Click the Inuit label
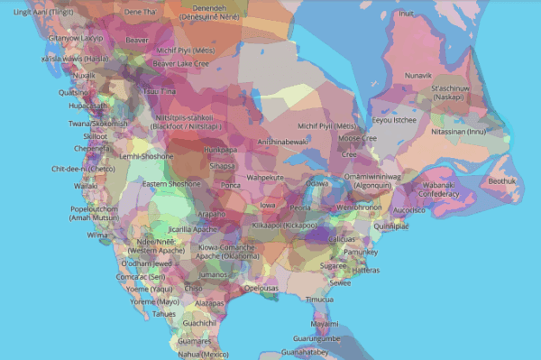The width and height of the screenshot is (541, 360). pyautogui.click(x=407, y=14)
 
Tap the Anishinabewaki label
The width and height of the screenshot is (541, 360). pyautogui.click(x=282, y=142)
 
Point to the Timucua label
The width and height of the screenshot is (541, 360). pyautogui.click(x=319, y=300)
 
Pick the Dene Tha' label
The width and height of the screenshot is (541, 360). pyautogui.click(x=140, y=12)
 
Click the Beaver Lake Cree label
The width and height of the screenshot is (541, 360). pyautogui.click(x=179, y=64)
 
